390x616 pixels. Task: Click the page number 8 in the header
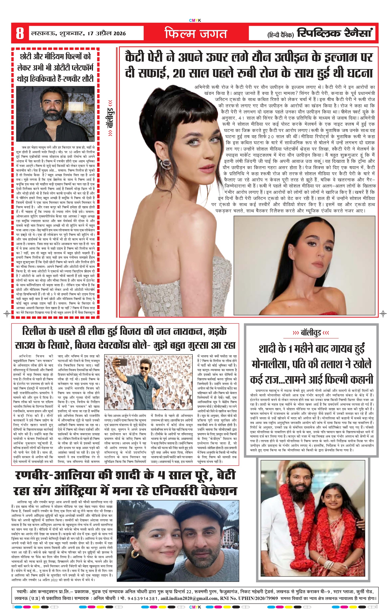[20, 33]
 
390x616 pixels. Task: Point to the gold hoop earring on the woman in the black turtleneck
[135, 554]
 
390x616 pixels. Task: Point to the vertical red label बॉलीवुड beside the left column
[110, 118]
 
